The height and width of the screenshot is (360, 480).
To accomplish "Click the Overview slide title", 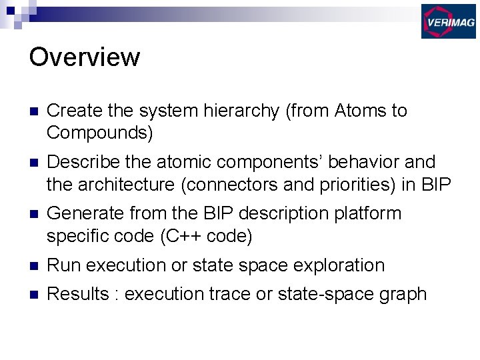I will tap(85, 57).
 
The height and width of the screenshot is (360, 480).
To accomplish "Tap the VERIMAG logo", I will tap(448, 21).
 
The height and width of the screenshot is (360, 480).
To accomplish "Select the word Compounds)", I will tap(100, 133).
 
